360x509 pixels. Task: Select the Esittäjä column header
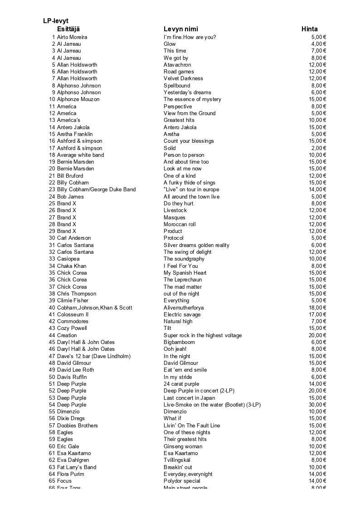tap(68, 29)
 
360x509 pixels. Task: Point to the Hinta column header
tap(310, 29)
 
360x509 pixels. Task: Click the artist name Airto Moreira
tap(72, 37)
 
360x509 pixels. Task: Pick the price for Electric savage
tap(318, 315)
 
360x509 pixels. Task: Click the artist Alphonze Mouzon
tap(78, 99)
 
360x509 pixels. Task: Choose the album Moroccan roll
tap(180, 224)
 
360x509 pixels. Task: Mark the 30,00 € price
tap(318, 405)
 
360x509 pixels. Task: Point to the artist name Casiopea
tap(68, 259)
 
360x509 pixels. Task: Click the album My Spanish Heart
tap(185, 273)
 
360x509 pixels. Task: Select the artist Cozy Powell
tap(72, 328)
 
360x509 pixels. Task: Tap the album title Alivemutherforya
tap(184, 308)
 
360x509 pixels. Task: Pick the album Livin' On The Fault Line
tap(192, 426)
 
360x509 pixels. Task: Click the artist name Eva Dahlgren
tap(73, 460)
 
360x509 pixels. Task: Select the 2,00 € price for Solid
tap(319, 148)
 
